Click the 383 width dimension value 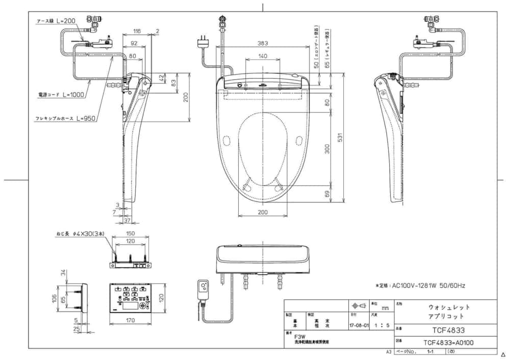(263, 43)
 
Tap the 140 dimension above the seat (263, 56)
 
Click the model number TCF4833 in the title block (449, 330)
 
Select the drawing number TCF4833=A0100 (449, 342)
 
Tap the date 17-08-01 (359, 324)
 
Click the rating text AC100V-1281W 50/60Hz (420, 286)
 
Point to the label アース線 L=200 (56, 21)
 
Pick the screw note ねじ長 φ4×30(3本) (80, 234)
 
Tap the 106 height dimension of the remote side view (55, 298)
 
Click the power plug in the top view (204, 41)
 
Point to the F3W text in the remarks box (299, 337)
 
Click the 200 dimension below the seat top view (262, 212)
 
